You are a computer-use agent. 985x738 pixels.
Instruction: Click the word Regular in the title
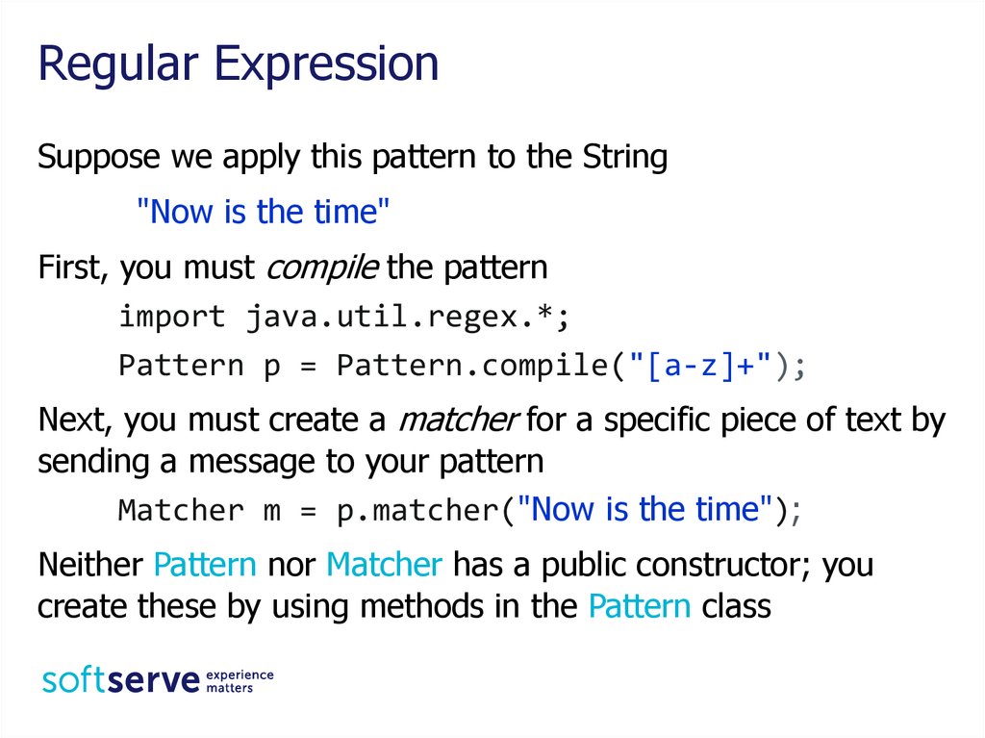click(118, 65)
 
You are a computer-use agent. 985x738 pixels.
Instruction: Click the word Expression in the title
click(326, 65)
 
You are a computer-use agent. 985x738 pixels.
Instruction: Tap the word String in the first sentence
click(624, 157)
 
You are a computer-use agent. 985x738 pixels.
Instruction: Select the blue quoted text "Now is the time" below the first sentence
click(264, 212)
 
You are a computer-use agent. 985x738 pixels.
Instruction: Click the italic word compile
click(322, 268)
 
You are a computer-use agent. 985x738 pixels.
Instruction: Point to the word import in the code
click(172, 316)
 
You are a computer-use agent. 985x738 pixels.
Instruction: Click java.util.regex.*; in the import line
click(408, 317)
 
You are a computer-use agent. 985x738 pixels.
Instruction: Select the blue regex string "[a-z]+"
click(700, 365)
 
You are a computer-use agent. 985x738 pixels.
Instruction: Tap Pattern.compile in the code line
click(472, 366)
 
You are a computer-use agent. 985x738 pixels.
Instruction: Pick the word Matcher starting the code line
click(181, 510)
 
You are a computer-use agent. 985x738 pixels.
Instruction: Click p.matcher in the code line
click(417, 510)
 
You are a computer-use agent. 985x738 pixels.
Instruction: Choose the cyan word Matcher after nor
click(385, 565)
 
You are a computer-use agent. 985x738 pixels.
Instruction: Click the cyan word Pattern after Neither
click(205, 565)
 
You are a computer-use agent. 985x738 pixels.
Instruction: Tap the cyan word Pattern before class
click(640, 606)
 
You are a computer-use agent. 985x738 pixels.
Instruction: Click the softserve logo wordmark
click(120, 680)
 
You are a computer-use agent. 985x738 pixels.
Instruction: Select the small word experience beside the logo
click(240, 675)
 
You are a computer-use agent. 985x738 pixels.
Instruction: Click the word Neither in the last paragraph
click(91, 565)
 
